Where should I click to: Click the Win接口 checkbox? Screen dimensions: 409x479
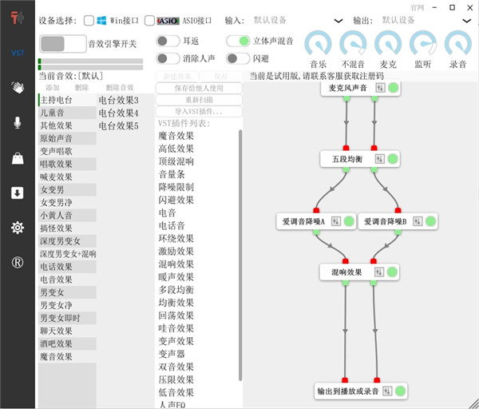[x=89, y=20]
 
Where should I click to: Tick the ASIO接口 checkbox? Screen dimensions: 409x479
[x=151, y=20]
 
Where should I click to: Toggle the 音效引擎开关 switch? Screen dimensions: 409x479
[x=62, y=43]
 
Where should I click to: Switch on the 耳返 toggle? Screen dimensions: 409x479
[x=168, y=41]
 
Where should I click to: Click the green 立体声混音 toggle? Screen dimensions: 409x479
[x=238, y=41]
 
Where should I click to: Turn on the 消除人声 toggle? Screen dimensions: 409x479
[x=168, y=58]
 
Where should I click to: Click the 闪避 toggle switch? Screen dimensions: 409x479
[x=238, y=58]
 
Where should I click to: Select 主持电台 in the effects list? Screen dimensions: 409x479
[x=57, y=100]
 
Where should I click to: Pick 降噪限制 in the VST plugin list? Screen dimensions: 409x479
[x=176, y=187]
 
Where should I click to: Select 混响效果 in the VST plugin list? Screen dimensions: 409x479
[x=176, y=264]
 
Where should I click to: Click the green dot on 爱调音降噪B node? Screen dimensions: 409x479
[x=430, y=221]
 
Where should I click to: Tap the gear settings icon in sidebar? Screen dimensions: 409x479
[x=17, y=228]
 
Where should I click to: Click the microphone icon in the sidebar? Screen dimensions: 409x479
[x=17, y=122]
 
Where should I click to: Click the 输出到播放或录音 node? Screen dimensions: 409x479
[x=349, y=391]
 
